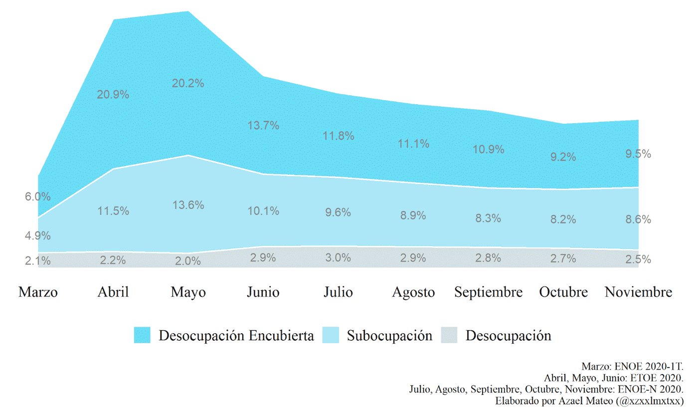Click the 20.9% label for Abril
(x=113, y=95)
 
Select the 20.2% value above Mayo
(x=188, y=83)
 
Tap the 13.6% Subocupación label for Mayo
(x=188, y=205)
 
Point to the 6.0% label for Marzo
(x=38, y=197)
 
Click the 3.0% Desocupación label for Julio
(x=338, y=258)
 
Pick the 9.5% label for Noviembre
(x=638, y=154)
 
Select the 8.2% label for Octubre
(x=563, y=219)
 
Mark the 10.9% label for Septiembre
(x=488, y=149)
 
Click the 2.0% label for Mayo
(x=188, y=261)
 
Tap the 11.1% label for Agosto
(x=413, y=144)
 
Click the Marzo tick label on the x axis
(x=38, y=292)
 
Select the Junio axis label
(x=263, y=292)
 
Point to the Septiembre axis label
(x=488, y=292)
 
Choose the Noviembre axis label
(x=638, y=292)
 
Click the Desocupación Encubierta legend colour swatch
(x=142, y=335)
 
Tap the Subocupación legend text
(x=389, y=336)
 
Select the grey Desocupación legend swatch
(x=449, y=335)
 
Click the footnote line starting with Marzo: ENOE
(x=632, y=366)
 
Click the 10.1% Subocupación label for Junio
(x=263, y=211)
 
